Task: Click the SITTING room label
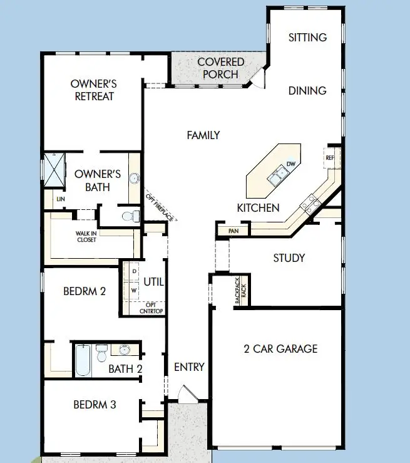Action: coord(307,38)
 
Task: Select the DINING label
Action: coord(307,91)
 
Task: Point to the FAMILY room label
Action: coord(203,135)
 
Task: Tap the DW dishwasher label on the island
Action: coord(290,164)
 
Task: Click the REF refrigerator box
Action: coord(331,158)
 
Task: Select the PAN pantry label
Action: coord(233,231)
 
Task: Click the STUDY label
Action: coord(289,258)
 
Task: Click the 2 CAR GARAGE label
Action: coord(281,349)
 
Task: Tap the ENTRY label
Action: coord(189,367)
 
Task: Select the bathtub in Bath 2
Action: coord(82,360)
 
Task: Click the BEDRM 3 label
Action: coord(95,405)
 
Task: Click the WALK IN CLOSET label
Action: coord(86,236)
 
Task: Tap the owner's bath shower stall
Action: coord(53,169)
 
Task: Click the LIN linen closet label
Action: coord(61,199)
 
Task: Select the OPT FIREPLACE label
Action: coord(161,206)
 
